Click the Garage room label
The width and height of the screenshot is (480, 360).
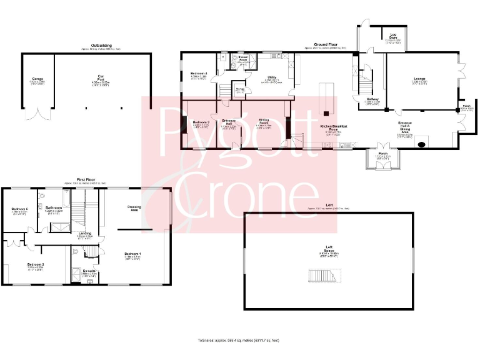coord(37,80)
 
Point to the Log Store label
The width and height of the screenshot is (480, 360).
coord(393,36)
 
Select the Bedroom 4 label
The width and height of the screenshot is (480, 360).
coord(198,74)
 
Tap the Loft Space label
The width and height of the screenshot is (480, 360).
coord(328,247)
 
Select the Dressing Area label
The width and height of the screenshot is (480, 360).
coord(134,208)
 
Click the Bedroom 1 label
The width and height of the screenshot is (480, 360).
coord(132,254)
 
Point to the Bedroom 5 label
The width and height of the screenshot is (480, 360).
coord(19,209)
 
